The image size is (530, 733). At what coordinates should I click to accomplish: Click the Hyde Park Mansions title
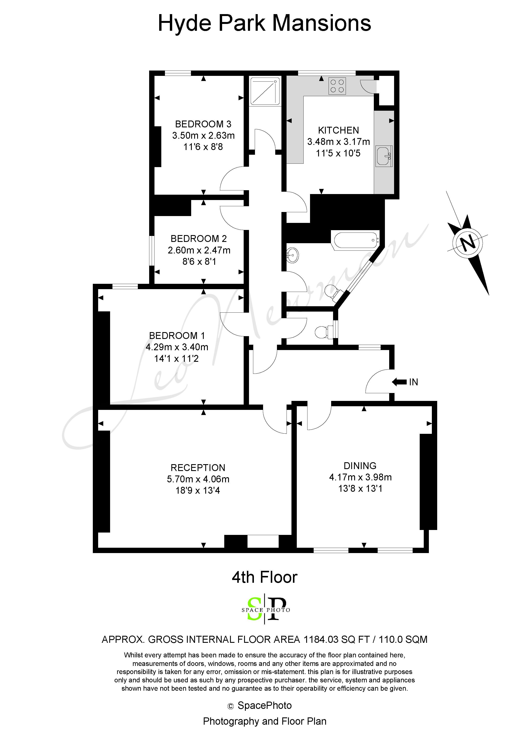264,23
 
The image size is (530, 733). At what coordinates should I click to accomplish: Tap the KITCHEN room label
338,130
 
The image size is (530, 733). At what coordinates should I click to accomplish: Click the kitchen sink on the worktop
384,156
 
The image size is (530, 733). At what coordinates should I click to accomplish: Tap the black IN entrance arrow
399,382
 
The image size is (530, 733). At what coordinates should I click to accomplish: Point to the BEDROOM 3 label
203,124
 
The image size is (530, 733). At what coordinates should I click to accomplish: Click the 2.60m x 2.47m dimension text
199,250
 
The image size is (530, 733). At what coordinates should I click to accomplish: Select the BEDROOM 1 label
177,336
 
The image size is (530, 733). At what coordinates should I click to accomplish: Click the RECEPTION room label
198,468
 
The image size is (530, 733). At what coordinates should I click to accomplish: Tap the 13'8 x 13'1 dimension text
360,488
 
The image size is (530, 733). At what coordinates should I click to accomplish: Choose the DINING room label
360,466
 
